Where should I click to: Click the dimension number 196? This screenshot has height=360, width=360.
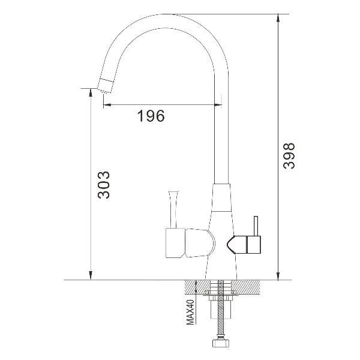(151, 116)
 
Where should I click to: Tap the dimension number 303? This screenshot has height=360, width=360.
(104, 185)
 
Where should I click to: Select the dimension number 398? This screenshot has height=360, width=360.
(289, 156)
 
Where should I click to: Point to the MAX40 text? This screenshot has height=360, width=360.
(190, 312)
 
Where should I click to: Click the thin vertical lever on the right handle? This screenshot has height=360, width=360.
(256, 226)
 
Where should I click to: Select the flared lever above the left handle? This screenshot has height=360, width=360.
(173, 209)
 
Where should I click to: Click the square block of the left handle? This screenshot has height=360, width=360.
(175, 243)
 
